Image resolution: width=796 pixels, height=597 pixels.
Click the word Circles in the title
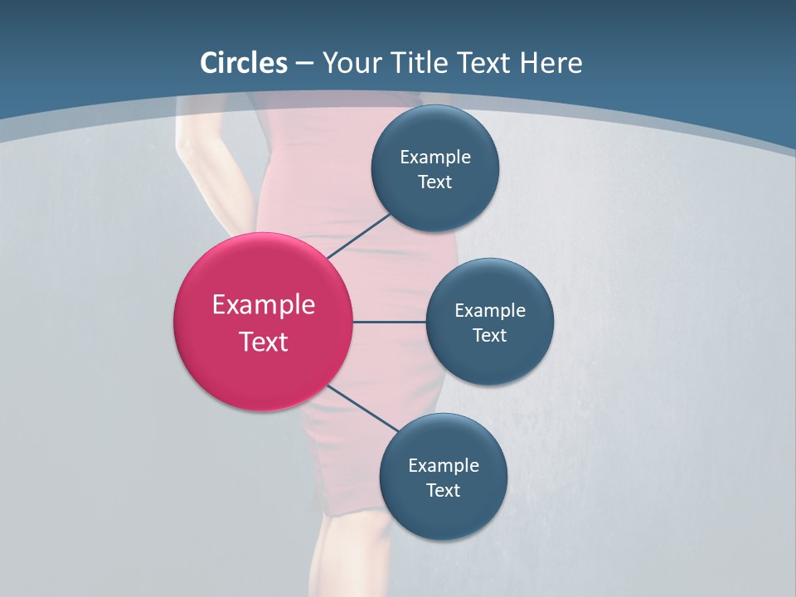[244, 63]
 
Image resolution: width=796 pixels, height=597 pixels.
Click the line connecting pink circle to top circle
[360, 235]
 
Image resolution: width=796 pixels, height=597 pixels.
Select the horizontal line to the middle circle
[389, 322]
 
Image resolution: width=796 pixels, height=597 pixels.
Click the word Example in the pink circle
[264, 305]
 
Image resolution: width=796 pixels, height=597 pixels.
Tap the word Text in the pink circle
[264, 342]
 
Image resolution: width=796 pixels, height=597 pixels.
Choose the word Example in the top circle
[435, 157]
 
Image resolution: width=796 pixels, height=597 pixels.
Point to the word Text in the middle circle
[489, 335]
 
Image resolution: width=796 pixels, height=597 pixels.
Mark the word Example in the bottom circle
[443, 465]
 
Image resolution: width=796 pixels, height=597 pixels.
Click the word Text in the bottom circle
[443, 490]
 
